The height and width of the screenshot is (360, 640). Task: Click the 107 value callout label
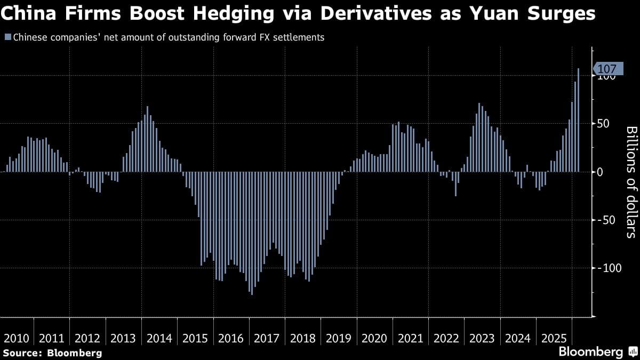point(607,69)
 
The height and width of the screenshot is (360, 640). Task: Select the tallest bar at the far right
point(579,120)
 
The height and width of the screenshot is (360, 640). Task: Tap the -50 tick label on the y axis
point(606,220)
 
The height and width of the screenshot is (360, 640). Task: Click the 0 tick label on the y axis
point(600,172)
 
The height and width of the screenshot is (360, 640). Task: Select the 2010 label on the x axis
point(16,338)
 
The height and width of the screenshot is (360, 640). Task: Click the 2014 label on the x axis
point(159,338)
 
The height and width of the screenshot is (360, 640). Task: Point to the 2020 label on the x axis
point(374,338)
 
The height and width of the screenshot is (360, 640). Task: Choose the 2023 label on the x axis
point(482,338)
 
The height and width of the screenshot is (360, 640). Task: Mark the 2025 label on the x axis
point(554,338)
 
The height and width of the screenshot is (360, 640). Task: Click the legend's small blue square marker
point(7,38)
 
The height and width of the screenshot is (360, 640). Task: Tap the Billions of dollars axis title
point(630,182)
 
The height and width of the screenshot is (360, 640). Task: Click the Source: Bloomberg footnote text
point(52,353)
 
